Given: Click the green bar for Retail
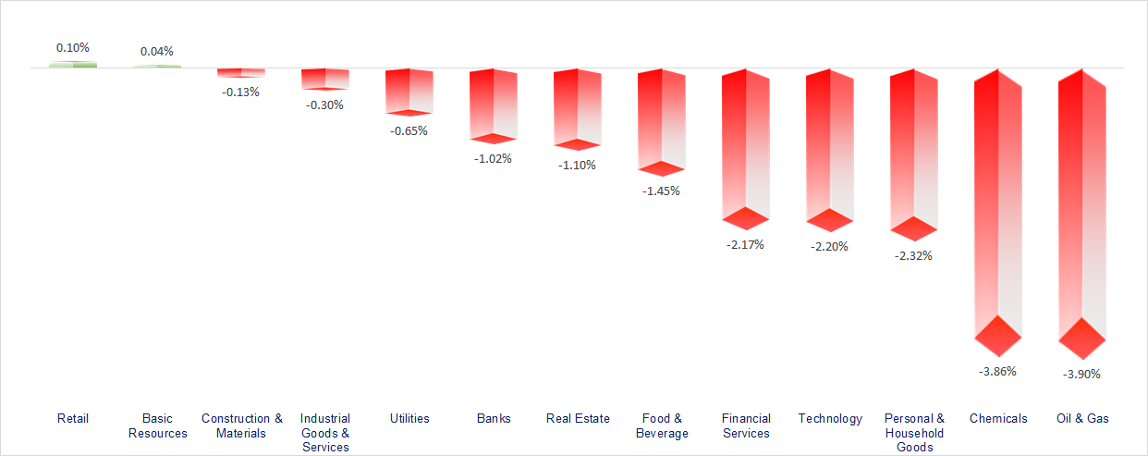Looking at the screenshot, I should click(73, 64).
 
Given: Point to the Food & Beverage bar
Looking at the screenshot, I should click(661, 120).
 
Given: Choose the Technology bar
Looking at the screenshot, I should click(829, 148).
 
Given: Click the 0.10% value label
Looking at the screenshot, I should click(73, 47).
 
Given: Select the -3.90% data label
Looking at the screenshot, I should click(1082, 374).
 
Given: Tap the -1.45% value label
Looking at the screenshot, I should click(661, 191).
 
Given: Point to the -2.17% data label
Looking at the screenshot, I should click(745, 245).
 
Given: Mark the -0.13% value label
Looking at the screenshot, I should click(241, 92).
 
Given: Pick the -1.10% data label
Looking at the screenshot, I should click(577, 165).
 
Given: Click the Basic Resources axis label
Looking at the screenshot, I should click(158, 425).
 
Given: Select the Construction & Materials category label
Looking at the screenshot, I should click(242, 425).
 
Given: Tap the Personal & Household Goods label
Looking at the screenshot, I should click(914, 433).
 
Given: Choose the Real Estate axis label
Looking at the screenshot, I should click(578, 418).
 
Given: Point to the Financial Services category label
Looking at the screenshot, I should click(746, 425).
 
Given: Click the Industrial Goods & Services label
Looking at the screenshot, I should click(325, 433).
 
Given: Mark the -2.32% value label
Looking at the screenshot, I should click(913, 255).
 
